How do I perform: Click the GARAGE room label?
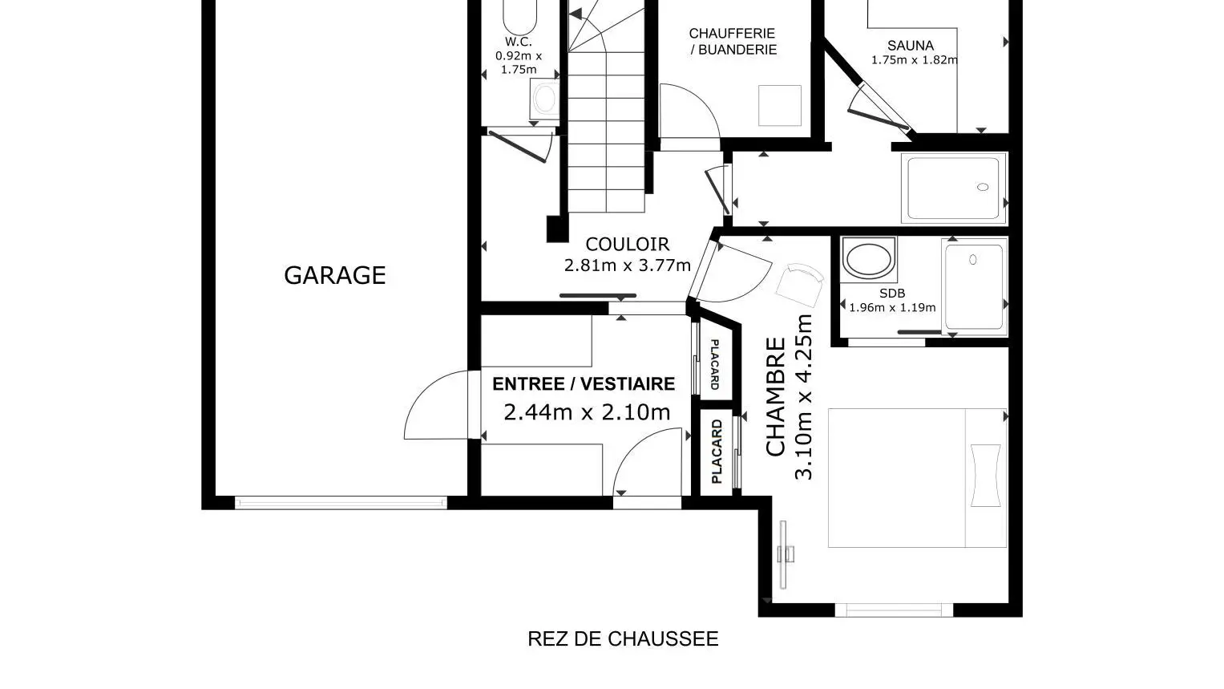click(x=335, y=275)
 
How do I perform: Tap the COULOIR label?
click(x=628, y=244)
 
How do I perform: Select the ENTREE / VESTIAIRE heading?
click(x=584, y=384)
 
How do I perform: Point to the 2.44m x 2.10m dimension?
click(x=587, y=411)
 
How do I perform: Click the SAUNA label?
click(x=911, y=46)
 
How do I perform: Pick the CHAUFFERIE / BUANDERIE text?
click(x=733, y=42)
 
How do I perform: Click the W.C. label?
click(x=519, y=42)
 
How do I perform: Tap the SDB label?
click(x=892, y=293)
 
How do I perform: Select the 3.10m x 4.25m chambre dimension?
click(x=804, y=397)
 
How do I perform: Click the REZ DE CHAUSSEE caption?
click(x=623, y=638)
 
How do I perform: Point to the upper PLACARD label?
click(x=715, y=364)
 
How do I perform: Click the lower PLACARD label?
click(x=717, y=452)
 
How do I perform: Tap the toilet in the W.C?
click(x=544, y=99)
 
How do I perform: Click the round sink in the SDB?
click(x=868, y=259)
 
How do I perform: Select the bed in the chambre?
click(x=918, y=478)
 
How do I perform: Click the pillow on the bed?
click(x=986, y=475)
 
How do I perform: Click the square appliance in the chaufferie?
click(x=780, y=106)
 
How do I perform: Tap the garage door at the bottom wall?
click(x=341, y=503)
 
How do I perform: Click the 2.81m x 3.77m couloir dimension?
click(x=628, y=265)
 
